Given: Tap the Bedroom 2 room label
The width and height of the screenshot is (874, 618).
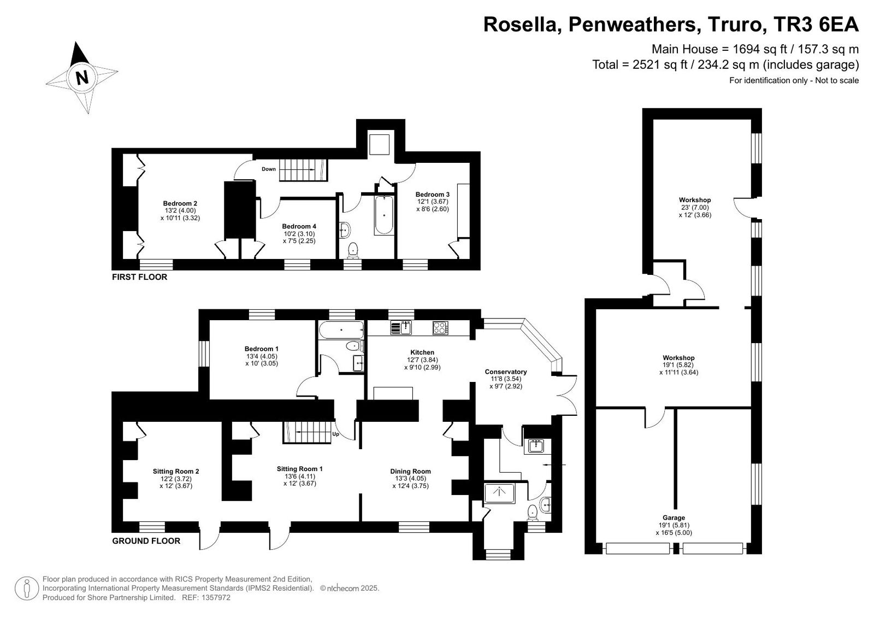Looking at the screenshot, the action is tap(180, 203).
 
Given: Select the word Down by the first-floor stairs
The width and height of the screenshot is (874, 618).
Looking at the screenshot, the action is tap(268, 169).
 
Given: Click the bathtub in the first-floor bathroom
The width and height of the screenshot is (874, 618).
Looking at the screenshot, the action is tap(385, 215).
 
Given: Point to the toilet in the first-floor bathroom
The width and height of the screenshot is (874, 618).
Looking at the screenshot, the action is tap(353, 250).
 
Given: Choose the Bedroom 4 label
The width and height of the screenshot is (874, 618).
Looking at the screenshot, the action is tap(299, 226).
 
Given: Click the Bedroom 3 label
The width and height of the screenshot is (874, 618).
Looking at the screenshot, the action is tap(432, 195).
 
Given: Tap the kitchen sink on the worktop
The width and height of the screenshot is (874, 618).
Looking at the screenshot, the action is tap(401, 327).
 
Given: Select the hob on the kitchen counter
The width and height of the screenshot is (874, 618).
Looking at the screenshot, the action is tap(440, 327).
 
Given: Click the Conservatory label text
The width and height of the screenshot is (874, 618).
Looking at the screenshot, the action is tap(506, 372).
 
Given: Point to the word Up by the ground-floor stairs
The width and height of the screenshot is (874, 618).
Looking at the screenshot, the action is tap(335, 434).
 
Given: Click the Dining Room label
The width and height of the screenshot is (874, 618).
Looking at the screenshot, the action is tap(410, 472).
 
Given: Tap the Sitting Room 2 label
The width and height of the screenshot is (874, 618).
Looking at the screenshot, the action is tap(176, 472).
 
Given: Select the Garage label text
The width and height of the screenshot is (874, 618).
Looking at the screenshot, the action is tap(674, 518).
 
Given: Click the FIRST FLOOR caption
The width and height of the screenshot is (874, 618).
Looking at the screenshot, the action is tap(139, 277).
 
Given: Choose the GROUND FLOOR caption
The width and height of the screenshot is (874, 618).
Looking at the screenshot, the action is tap(146, 541).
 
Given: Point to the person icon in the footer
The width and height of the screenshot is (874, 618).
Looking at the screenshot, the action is tap(27, 588).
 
